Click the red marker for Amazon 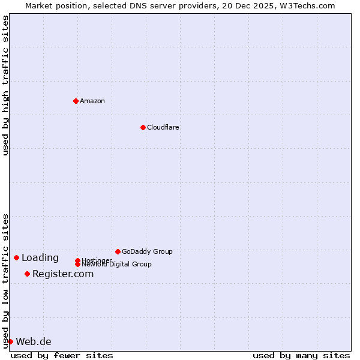point(76,101)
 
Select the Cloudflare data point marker point(143,127)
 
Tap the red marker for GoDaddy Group point(118,251)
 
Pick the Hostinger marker point(77,260)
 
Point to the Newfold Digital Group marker point(77,264)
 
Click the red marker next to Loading point(16,257)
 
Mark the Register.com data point point(27,274)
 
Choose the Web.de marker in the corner point(10,341)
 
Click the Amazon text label point(92,101)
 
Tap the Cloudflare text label point(163,127)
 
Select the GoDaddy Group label point(147,251)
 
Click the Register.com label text point(63,274)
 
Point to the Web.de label point(34,341)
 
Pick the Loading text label point(40,257)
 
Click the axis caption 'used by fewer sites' point(62,355)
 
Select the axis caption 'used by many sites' point(301,355)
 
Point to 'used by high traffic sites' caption point(5,85)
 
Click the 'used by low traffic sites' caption point(5,280)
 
